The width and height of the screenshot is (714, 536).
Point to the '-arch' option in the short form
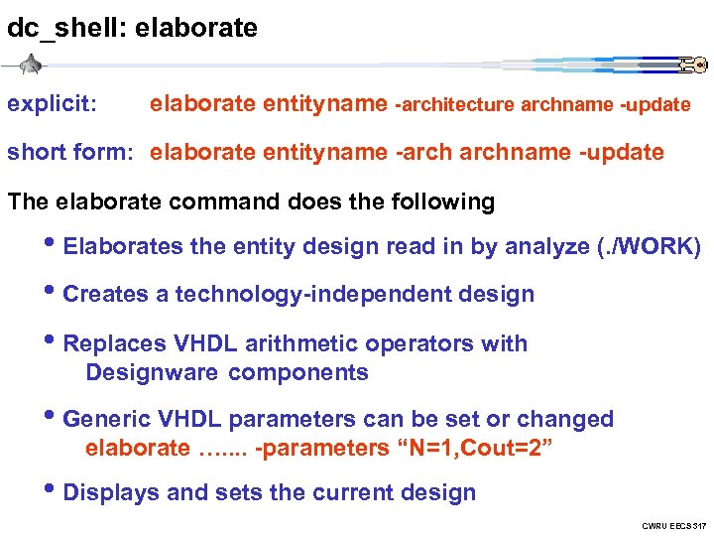420,152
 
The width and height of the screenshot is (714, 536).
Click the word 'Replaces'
115,343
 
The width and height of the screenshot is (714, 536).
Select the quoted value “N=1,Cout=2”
474,448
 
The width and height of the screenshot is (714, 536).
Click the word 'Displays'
108,492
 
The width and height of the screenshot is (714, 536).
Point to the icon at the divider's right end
693,66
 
